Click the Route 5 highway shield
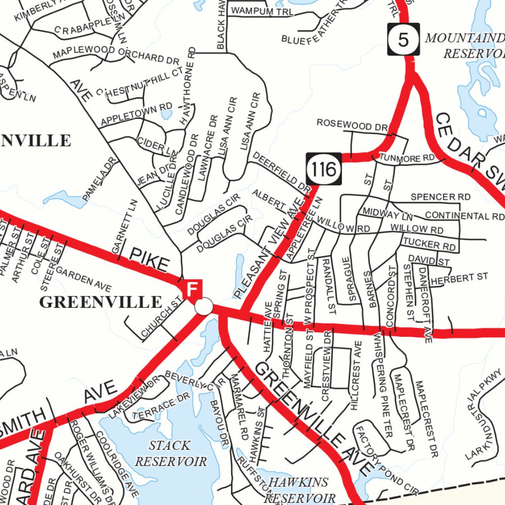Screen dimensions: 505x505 (403, 39)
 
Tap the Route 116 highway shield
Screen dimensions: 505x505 (324, 169)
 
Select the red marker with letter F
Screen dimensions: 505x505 (193, 288)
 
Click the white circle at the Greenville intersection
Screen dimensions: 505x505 (203, 306)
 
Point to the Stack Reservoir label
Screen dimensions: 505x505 (171, 453)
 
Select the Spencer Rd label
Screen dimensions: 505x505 (440, 197)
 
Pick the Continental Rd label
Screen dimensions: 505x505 (464, 216)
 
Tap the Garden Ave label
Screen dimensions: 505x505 (83, 279)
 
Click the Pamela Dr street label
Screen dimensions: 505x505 (100, 180)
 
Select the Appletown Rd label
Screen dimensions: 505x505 (136, 114)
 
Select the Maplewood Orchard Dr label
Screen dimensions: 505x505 (115, 54)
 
